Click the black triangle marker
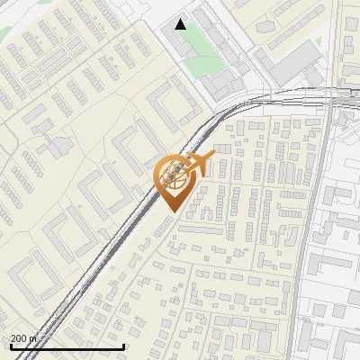pyautogui.click(x=181, y=24)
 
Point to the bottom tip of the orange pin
pyautogui.click(x=171, y=212)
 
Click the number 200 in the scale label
pyautogui.click(x=21, y=338)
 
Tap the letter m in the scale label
pyautogui.click(x=34, y=338)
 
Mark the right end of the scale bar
pyautogui.click(x=123, y=346)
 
